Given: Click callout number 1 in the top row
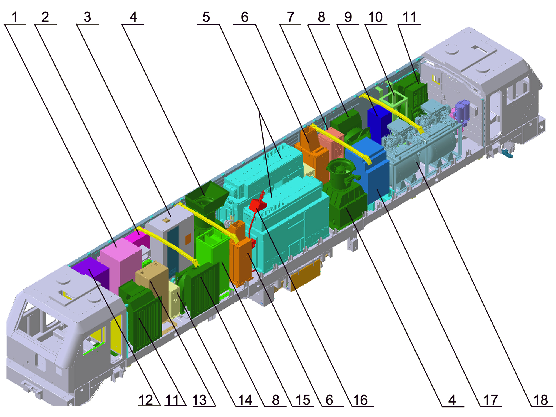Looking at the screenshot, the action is click(x=15, y=17).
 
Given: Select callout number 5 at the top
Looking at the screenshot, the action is click(x=206, y=17).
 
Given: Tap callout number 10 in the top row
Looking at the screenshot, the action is click(x=375, y=17).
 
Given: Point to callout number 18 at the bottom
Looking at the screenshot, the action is click(x=541, y=400).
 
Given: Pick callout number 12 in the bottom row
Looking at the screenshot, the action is click(x=146, y=400).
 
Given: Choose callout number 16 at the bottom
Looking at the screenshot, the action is click(x=360, y=400).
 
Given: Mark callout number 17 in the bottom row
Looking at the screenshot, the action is click(x=491, y=400).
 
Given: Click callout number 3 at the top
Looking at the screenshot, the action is click(x=87, y=17).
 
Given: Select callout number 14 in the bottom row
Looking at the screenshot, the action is click(x=245, y=400).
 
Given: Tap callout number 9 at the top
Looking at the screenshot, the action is click(x=348, y=17).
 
